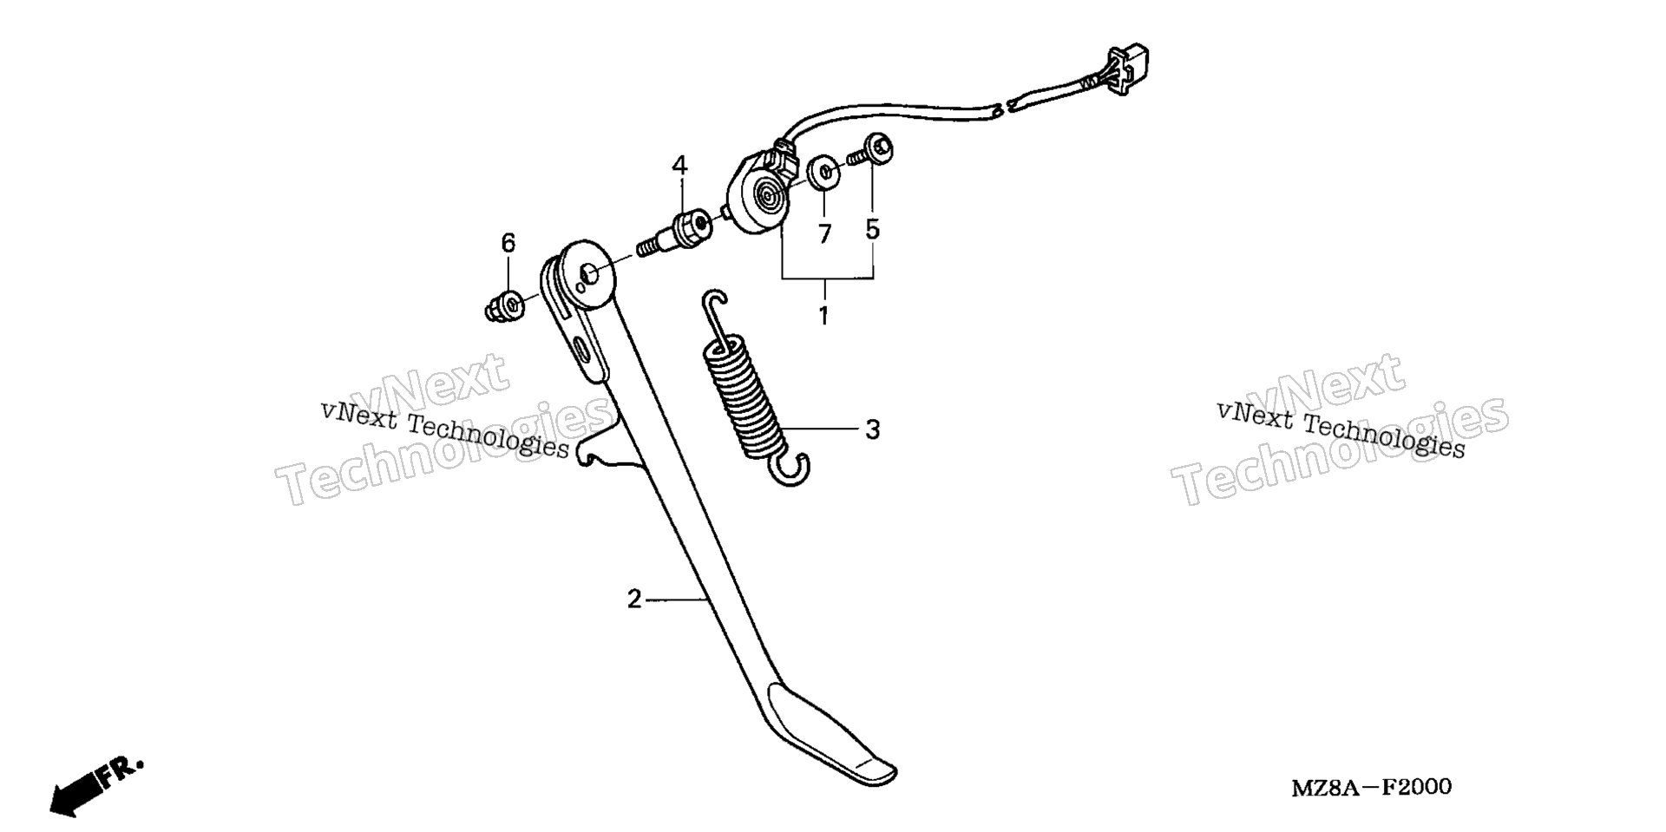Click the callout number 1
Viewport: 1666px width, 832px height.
click(x=823, y=316)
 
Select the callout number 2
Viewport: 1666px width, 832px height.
click(x=634, y=599)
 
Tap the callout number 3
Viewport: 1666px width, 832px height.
click(x=873, y=429)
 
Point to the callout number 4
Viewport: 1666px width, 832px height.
click(x=679, y=165)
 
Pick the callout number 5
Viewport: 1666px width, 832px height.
click(x=872, y=229)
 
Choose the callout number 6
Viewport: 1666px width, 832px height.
click(x=508, y=243)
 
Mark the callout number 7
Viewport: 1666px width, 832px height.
click(x=824, y=233)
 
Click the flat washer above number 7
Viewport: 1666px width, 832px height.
click(x=823, y=172)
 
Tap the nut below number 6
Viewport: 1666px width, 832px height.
click(x=503, y=306)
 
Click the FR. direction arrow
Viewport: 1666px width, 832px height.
click(x=95, y=786)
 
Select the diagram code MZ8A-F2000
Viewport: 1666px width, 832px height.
click(x=1371, y=788)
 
